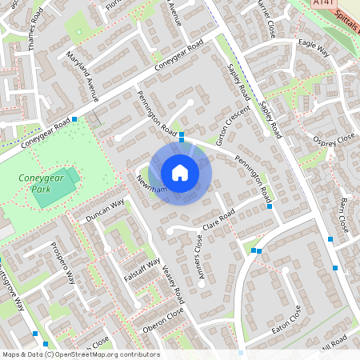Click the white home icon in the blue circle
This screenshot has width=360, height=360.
180,172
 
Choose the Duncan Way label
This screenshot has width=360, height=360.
106,210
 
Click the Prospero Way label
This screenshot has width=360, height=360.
62,265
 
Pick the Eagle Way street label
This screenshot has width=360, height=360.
314,46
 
